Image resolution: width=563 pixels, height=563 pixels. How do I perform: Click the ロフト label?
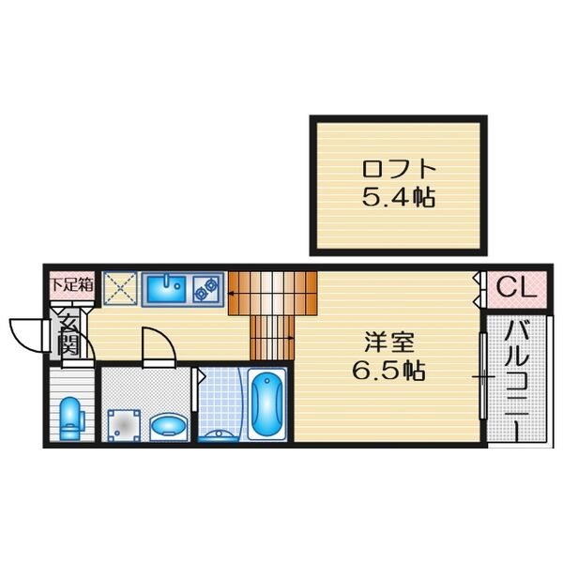pos(399,169)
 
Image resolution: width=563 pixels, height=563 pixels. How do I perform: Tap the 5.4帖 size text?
pos(398,197)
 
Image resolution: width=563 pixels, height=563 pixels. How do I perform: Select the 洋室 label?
pos(389,342)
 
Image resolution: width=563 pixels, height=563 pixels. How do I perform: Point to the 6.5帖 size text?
pos(388,371)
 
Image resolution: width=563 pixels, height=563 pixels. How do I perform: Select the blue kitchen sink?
pos(167,289)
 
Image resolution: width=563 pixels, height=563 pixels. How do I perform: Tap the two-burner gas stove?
pos(206,289)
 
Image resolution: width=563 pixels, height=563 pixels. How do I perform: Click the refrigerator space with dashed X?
pos(120,289)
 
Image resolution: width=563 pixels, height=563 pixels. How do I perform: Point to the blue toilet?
pos(71,418)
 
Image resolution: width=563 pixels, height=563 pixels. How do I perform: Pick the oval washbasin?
pos(168,427)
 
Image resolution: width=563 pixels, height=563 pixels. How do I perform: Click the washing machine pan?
pos(124,426)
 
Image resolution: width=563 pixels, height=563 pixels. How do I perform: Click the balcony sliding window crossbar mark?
pos(483,377)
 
